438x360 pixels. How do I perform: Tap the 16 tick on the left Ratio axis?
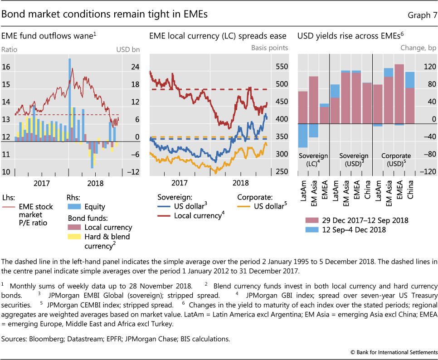pyautogui.click(x=6, y=67)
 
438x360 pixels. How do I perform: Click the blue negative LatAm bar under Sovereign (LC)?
pyautogui.click(x=303, y=136)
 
